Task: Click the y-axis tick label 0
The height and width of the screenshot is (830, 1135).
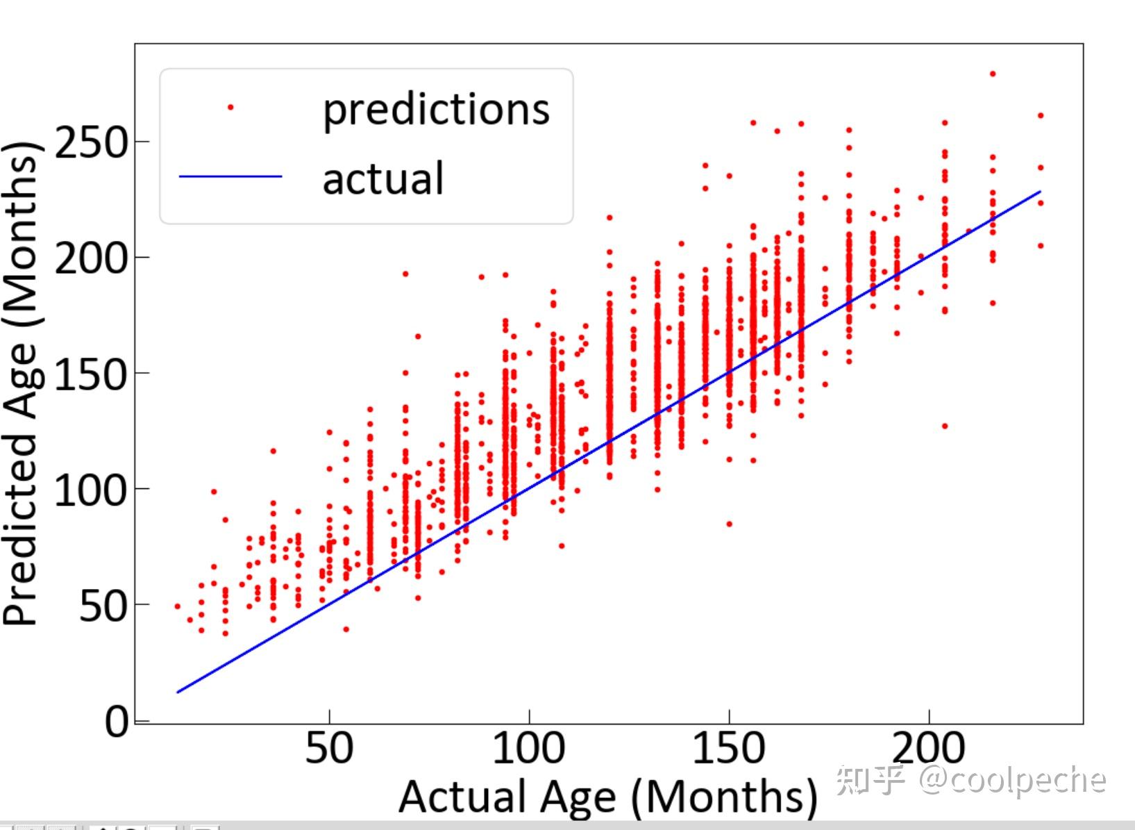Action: pyautogui.click(x=117, y=722)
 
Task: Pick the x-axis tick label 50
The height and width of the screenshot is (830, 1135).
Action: pyautogui.click(x=329, y=749)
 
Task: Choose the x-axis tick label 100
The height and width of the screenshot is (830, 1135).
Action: pyautogui.click(x=529, y=749)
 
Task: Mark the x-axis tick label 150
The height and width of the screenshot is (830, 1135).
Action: pyautogui.click(x=729, y=749)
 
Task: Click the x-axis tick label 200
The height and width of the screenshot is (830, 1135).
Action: pyautogui.click(x=929, y=749)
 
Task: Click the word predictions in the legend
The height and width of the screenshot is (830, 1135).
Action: pyautogui.click(x=436, y=110)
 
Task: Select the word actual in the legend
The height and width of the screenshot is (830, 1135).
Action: pyautogui.click(x=382, y=179)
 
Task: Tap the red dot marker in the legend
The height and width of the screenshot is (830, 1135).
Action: pyautogui.click(x=230, y=107)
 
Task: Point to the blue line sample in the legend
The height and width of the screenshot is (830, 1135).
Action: pyautogui.click(x=230, y=176)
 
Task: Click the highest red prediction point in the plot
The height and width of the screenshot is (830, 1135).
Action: pyautogui.click(x=993, y=74)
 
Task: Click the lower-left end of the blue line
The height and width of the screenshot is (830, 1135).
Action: pyautogui.click(x=178, y=692)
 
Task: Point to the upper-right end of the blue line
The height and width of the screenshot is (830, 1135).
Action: pyautogui.click(x=1040, y=191)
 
